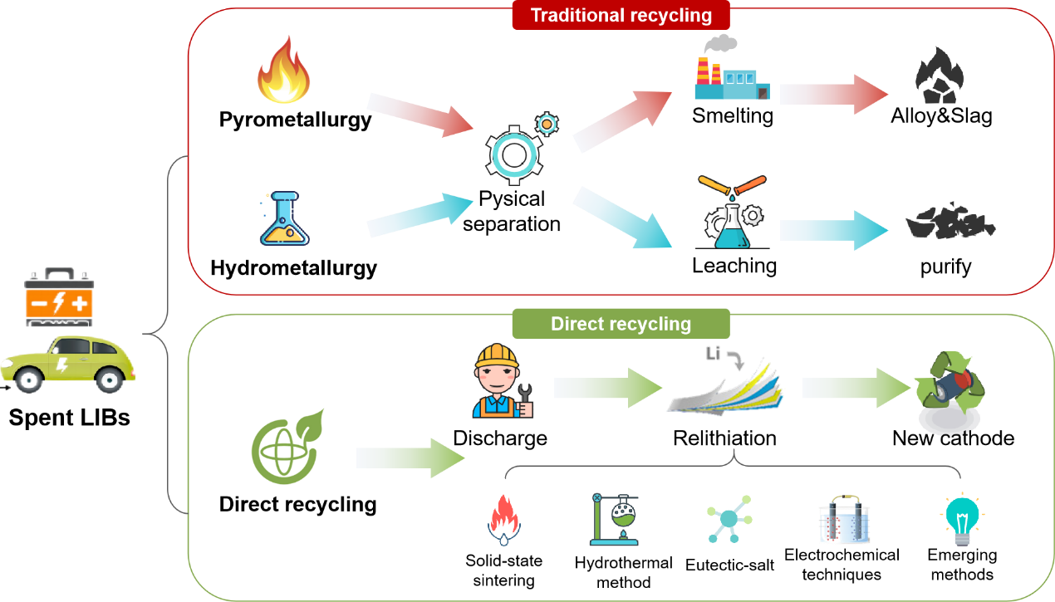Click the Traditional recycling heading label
click(x=621, y=16)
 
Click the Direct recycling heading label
click(x=621, y=324)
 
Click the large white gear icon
click(x=513, y=154)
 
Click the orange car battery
click(x=58, y=297)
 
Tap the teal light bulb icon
click(x=962, y=518)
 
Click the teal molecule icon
click(x=729, y=519)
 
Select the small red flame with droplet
click(x=503, y=520)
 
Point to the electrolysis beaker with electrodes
click(x=844, y=521)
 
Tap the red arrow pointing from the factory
click(x=833, y=94)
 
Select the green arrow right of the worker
click(x=607, y=388)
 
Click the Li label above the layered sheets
click(x=712, y=355)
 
